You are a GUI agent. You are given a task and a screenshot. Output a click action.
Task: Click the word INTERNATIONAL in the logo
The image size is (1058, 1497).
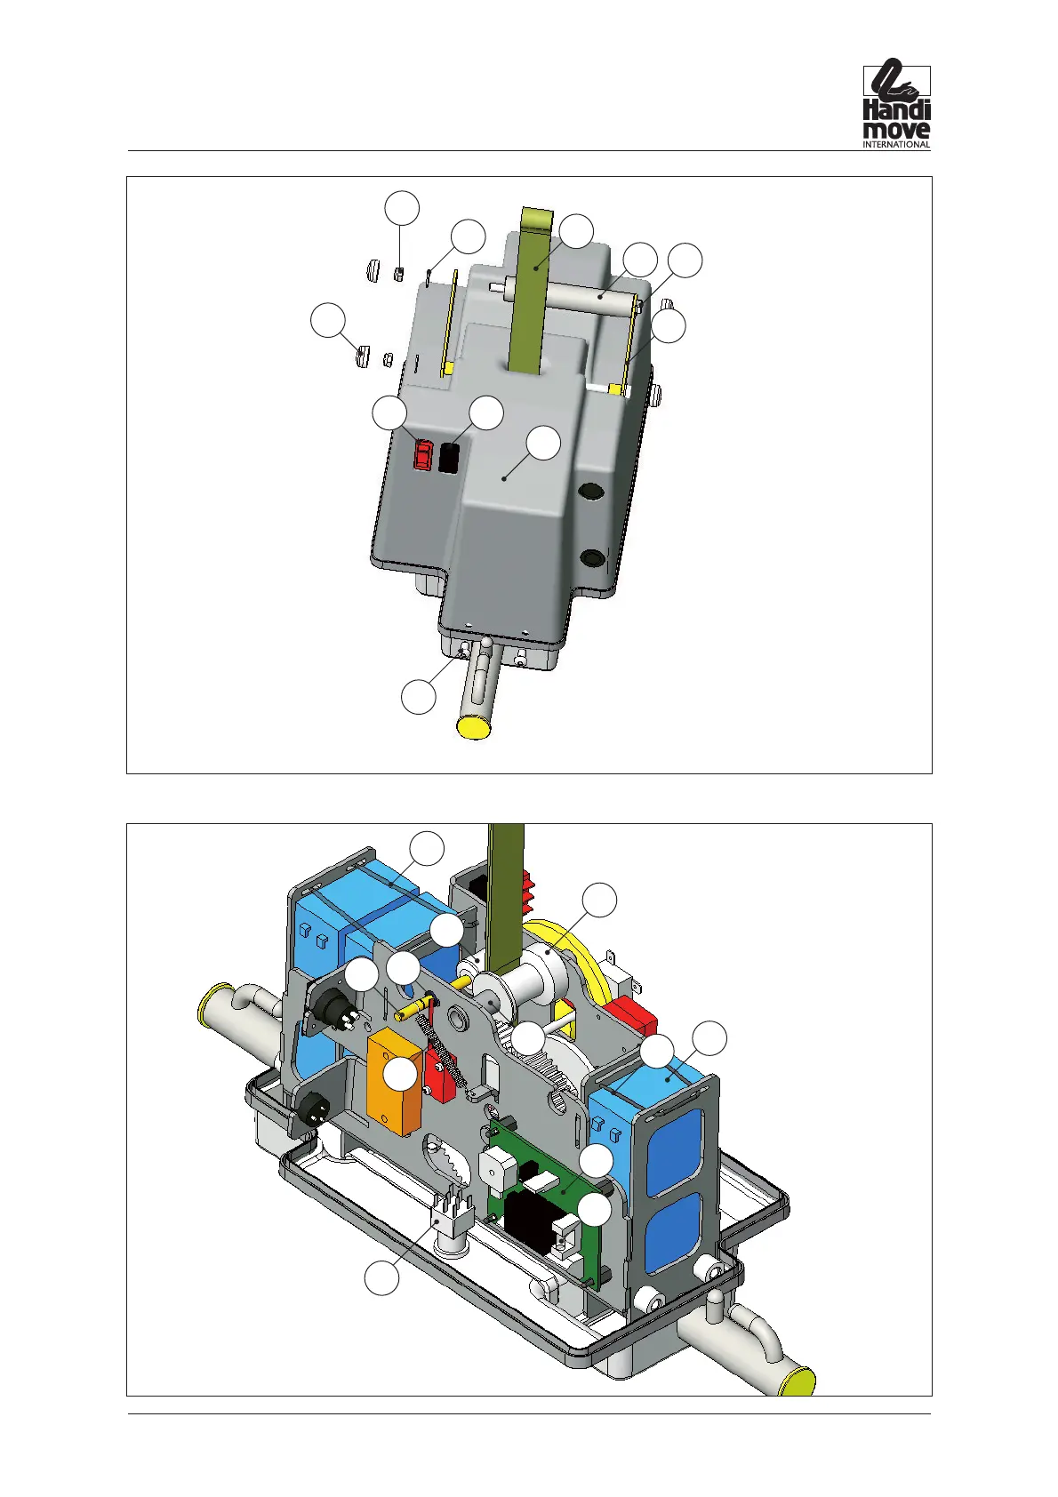(896, 144)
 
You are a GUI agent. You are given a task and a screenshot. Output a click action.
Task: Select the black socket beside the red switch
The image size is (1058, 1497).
(448, 458)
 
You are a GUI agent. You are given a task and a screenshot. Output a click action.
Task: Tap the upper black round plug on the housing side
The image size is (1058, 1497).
(591, 492)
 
